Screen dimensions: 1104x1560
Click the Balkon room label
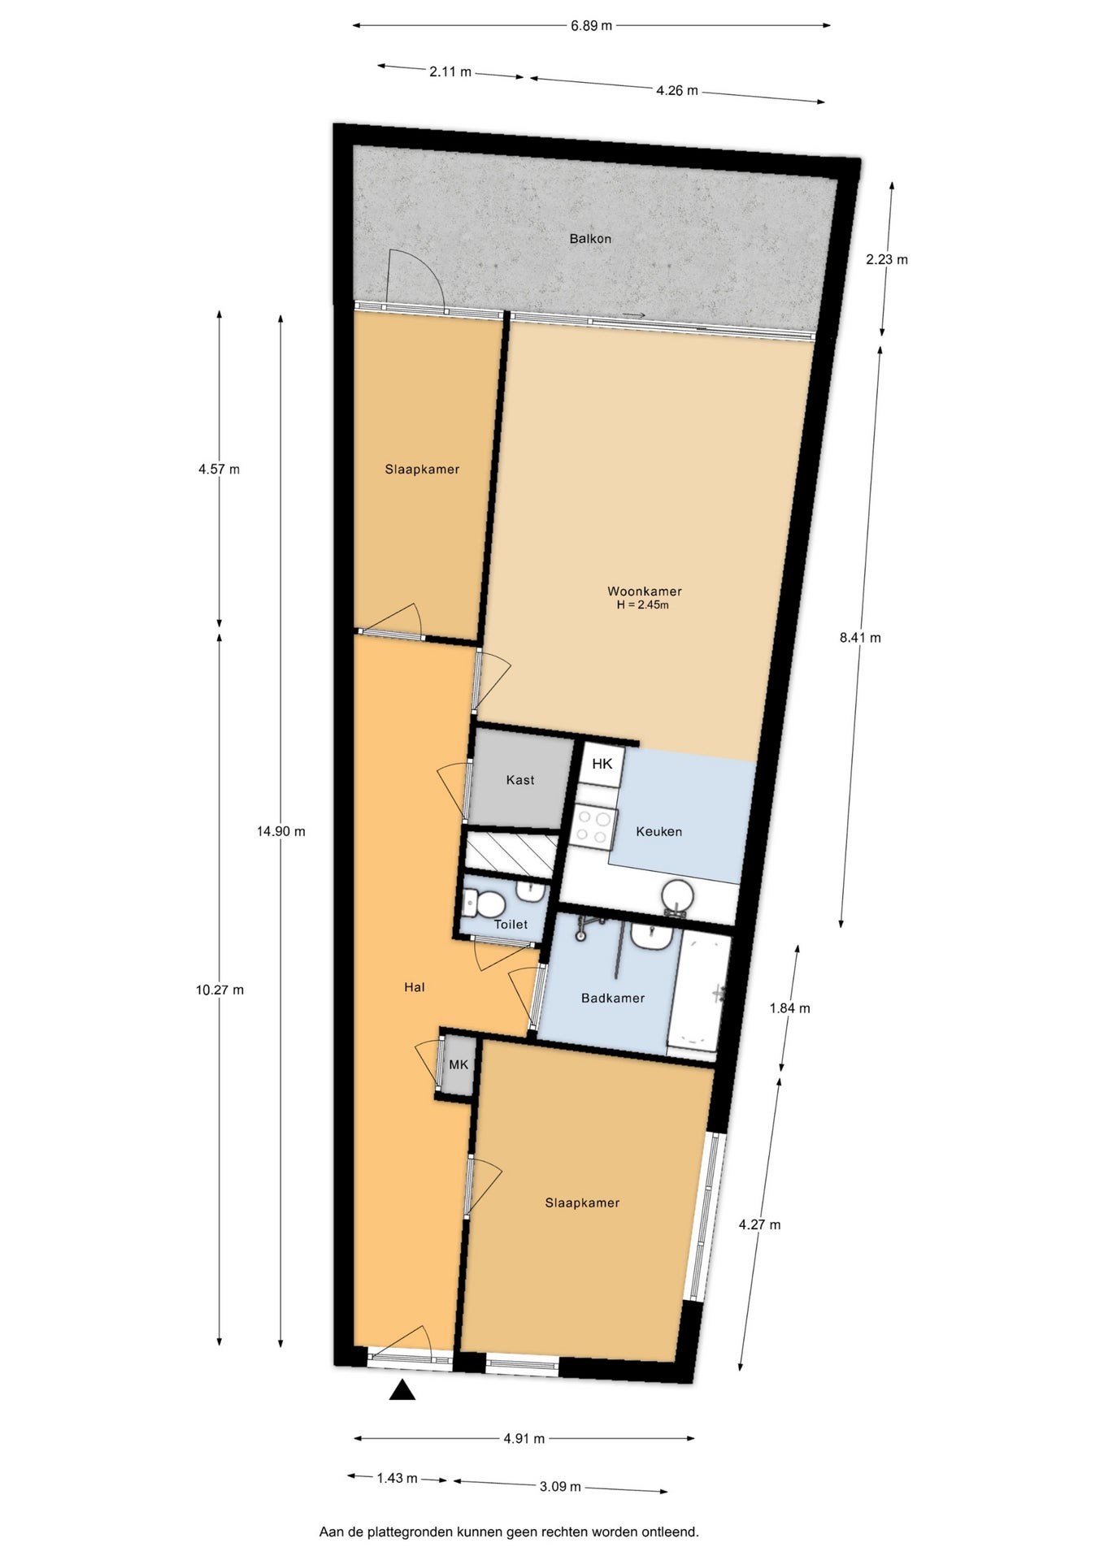590,239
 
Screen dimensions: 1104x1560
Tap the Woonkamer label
645,591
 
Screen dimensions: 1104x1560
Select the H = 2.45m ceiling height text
643,605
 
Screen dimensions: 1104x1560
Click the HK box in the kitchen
602,764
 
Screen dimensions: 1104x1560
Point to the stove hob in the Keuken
592,827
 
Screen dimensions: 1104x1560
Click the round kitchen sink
677,896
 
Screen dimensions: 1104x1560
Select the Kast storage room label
520,780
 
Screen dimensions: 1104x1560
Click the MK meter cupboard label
459,1064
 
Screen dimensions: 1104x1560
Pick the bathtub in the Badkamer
698,994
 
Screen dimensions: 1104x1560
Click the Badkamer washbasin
652,936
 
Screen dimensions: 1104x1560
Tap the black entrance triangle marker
402,1390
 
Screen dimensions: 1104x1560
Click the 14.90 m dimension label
281,831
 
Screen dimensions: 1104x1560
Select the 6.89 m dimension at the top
591,26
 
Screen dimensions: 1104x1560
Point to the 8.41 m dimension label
860,638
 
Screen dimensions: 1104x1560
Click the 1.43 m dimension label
397,1478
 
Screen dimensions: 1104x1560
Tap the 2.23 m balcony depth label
887,260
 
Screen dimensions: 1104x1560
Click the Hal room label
415,987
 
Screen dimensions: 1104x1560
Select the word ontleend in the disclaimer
670,1532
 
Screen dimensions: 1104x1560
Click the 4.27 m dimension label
759,1224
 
